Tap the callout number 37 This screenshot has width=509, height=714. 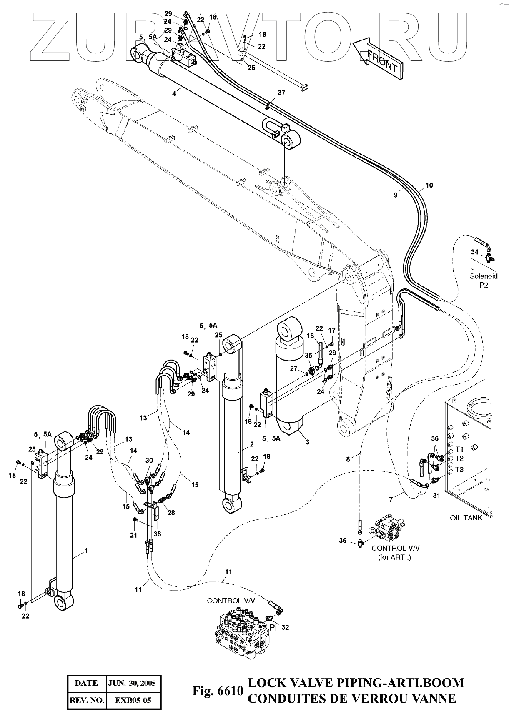281,93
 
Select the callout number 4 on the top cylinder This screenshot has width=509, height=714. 174,94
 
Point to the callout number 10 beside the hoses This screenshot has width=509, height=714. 429,185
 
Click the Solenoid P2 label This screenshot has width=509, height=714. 484,281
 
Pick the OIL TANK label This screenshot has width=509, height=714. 466,518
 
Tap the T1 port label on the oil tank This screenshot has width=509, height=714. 459,449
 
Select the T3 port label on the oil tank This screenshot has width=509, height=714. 459,469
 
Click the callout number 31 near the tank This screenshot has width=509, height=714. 436,496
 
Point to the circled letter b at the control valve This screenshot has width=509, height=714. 372,531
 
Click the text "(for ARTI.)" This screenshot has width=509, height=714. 394,558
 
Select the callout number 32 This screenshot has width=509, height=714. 285,627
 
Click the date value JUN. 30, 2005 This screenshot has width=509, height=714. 132,683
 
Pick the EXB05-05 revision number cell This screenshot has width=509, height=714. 133,700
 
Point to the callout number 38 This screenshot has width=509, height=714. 157,534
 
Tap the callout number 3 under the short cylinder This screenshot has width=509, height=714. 307,442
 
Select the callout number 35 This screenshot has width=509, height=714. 308,355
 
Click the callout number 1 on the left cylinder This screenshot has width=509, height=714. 85,551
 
